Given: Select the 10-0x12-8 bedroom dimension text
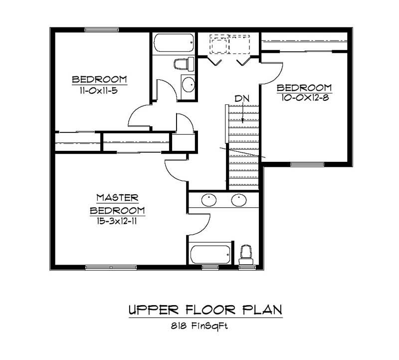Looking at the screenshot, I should [304, 98].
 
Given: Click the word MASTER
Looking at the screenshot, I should [117, 198].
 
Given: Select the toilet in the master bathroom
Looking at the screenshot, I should [245, 254].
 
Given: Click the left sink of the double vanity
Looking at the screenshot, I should [208, 200].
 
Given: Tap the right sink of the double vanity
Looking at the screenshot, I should [239, 200].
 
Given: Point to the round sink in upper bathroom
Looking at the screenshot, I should [188, 85].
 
